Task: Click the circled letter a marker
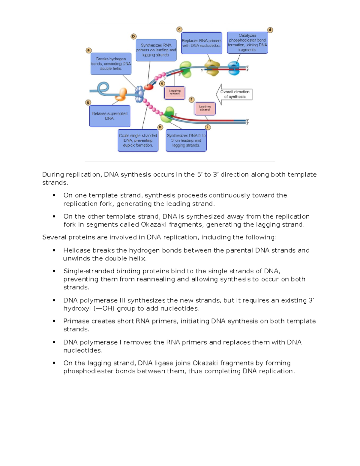click(89, 50)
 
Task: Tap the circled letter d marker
click(270, 30)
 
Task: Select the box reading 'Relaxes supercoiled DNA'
click(110, 116)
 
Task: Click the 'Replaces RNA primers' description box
click(202, 43)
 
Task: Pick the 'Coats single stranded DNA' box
click(138, 140)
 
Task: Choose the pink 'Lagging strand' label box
click(175, 93)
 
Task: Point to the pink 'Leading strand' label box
click(205, 109)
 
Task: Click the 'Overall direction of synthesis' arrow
click(234, 94)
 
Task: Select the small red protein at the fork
click(148, 87)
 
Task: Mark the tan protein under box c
click(212, 68)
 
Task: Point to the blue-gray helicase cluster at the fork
click(139, 94)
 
